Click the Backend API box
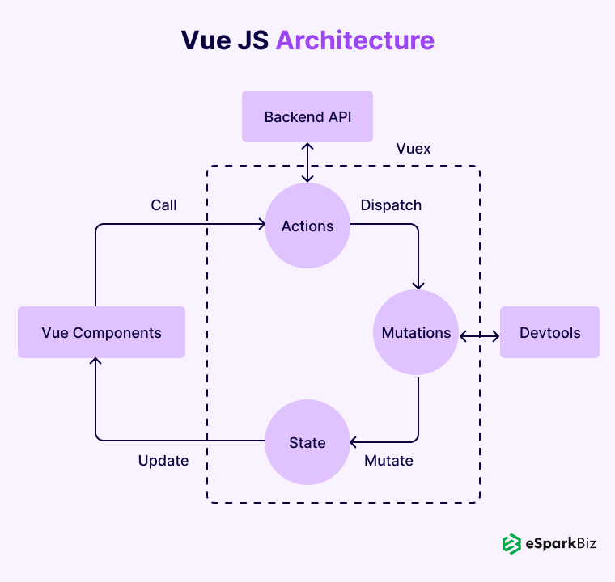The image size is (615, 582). [x=307, y=117]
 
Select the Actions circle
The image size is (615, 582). [x=307, y=226]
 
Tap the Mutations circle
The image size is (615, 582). [x=416, y=333]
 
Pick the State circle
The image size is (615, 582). [x=307, y=442]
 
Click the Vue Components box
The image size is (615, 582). [x=101, y=332]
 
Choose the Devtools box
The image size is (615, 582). [x=549, y=332]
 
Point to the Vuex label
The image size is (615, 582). [x=414, y=149]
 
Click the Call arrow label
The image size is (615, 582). [x=163, y=205]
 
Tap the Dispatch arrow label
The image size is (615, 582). [x=391, y=205]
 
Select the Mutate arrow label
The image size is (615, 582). [x=388, y=461]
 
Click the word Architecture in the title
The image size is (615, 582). [x=354, y=40]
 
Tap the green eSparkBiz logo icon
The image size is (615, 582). [x=511, y=544]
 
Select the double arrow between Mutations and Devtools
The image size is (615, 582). [x=479, y=334]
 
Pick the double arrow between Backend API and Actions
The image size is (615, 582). [x=307, y=162]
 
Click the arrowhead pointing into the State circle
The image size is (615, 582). [x=354, y=441]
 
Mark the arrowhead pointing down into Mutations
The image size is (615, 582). [x=418, y=285]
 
